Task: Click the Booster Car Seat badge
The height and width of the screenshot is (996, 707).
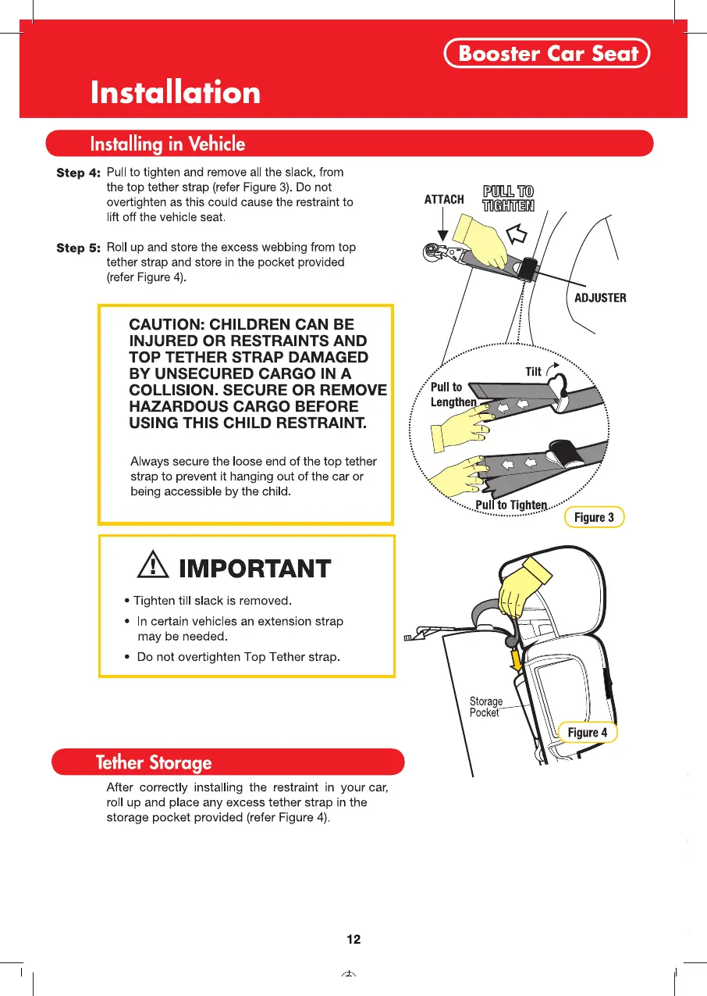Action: click(547, 54)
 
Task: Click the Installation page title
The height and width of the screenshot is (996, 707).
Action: click(176, 93)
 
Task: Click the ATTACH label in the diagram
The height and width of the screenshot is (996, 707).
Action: click(444, 199)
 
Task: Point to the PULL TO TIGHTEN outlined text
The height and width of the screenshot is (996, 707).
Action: click(508, 199)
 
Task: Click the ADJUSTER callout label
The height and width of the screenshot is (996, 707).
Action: click(599, 298)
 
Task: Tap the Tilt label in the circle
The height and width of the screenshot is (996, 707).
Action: click(534, 372)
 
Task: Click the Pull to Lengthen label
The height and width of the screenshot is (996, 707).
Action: click(453, 394)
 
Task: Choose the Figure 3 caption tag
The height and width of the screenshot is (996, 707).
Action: click(594, 517)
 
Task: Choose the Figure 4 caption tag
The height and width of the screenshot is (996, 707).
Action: click(588, 732)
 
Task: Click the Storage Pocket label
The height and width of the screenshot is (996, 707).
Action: click(485, 707)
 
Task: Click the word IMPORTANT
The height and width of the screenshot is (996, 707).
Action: click(254, 569)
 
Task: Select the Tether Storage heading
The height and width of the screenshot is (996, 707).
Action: click(154, 762)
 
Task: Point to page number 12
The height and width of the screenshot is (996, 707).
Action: click(353, 939)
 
